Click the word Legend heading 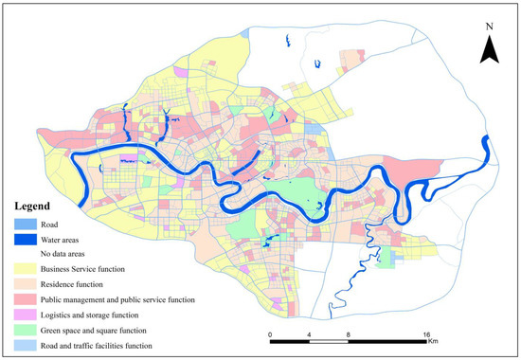point(38,206)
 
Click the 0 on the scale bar point(271,334)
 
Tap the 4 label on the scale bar point(311,334)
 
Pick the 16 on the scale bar point(428,334)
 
